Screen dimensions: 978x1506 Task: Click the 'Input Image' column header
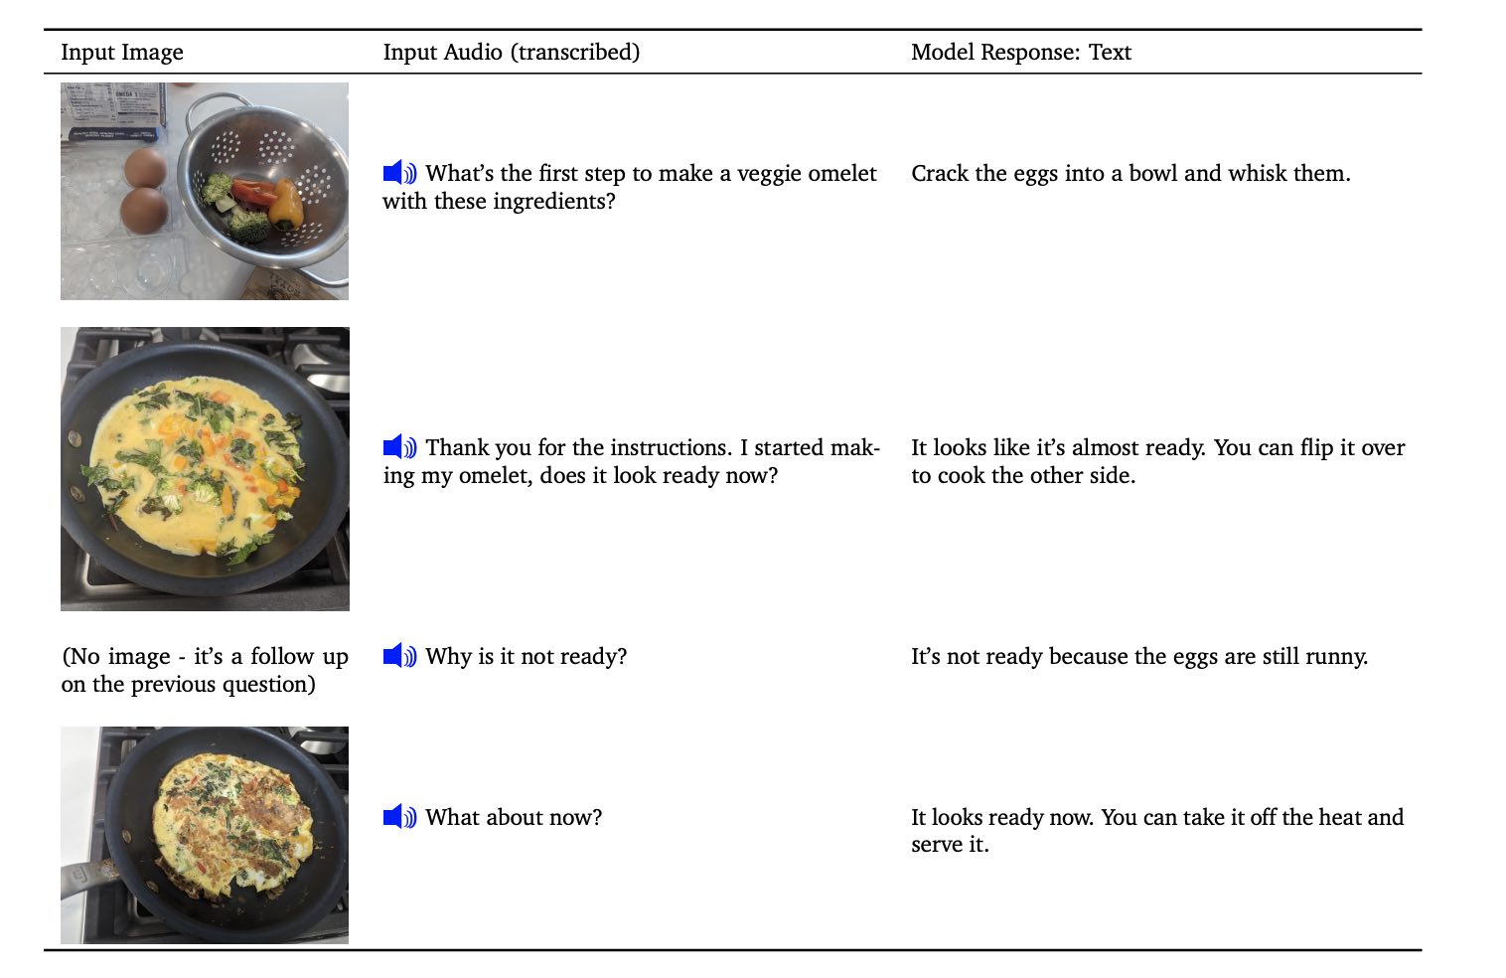pos(121,53)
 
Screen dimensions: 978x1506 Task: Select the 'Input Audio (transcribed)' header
pos(511,53)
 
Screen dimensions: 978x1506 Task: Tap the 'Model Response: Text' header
pos(1020,53)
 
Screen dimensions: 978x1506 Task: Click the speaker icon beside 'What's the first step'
pos(399,173)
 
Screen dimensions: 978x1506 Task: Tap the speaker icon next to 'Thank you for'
pos(399,447)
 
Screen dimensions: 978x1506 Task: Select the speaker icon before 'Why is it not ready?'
pos(399,656)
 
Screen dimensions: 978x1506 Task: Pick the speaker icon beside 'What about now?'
pos(399,817)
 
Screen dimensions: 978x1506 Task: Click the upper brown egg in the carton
pos(145,168)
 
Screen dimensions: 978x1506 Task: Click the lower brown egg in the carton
pos(144,211)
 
